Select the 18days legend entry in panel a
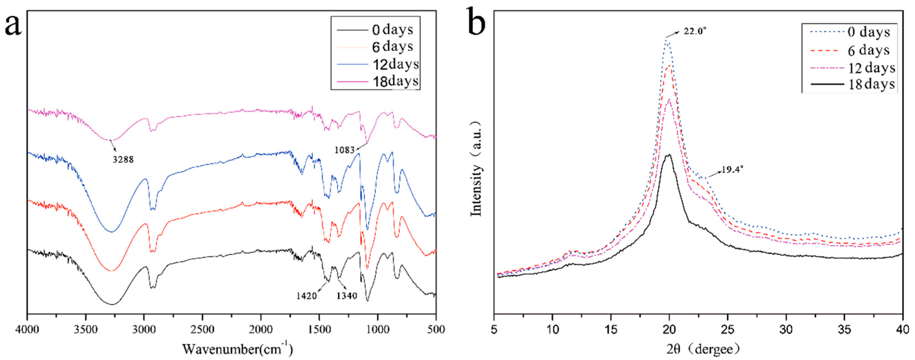[x=395, y=81]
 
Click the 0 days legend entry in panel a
[x=392, y=30]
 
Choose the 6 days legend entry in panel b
[x=869, y=50]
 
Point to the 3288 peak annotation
[x=123, y=160]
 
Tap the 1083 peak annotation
[x=344, y=150]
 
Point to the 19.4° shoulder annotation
[x=732, y=170]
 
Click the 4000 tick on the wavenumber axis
[x=27, y=330]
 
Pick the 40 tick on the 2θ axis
[x=903, y=330]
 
